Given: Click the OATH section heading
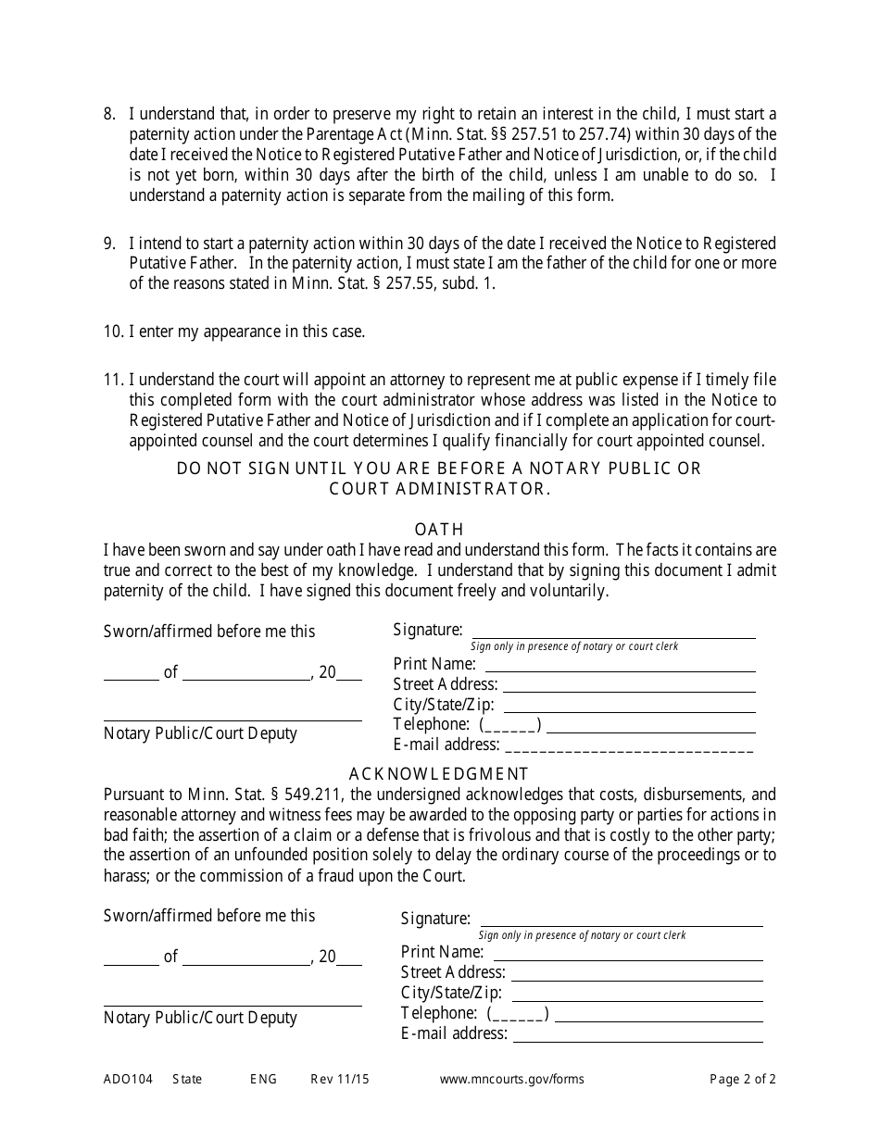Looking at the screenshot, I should click(x=439, y=530).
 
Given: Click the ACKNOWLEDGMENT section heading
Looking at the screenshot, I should click(x=439, y=774).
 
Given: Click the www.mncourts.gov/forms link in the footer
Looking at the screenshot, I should click(x=511, y=1079).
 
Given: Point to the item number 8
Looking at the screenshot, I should click(x=109, y=115).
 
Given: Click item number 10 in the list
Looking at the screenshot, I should click(x=113, y=332).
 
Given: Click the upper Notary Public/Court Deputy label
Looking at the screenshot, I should click(x=200, y=733).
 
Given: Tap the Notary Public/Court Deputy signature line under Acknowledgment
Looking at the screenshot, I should click(x=232, y=1005).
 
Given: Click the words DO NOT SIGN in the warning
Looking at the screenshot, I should click(x=233, y=469).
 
